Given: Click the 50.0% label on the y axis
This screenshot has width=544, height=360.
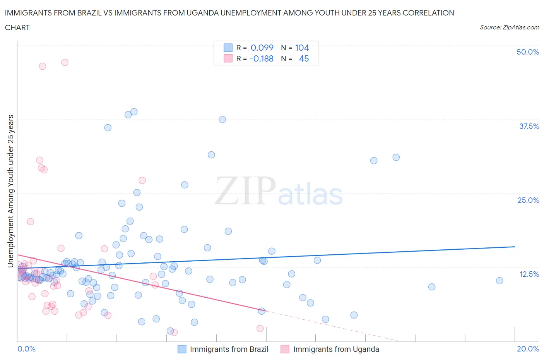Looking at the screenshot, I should pos(528,52).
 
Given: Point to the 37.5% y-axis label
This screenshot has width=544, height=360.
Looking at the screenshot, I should pos(529,126).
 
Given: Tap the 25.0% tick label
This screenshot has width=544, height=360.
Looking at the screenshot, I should pos(528,200).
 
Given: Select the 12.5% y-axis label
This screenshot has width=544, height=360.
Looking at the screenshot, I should pos(529,274).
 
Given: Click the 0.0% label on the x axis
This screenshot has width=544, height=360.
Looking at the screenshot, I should pos(27,349).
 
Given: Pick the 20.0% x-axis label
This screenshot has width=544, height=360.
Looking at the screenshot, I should pos(528,349).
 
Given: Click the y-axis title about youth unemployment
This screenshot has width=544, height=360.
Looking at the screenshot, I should pos(10,191).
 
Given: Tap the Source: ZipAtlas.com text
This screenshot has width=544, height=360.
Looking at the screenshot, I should pos(509,27).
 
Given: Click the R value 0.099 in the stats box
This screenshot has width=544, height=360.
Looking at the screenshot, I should pos(262,48).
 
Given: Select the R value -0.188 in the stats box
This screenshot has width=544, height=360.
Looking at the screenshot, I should pos(262,58).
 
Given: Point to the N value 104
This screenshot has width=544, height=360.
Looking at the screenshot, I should pos(302,48).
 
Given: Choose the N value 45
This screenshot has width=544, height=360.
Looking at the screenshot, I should pos(304,58).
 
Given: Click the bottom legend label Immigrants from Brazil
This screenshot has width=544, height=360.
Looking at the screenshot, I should pos(229,349).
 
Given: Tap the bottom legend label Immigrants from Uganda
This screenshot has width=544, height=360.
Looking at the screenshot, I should pos(336,349).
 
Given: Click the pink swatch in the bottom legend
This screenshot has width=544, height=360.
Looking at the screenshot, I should pos(285,349).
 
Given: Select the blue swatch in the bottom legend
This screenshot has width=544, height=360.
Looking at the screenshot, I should pos(182,349).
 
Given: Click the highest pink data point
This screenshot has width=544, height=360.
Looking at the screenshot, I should pos(65,62).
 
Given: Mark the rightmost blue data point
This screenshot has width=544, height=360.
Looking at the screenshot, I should pos(500,281).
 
